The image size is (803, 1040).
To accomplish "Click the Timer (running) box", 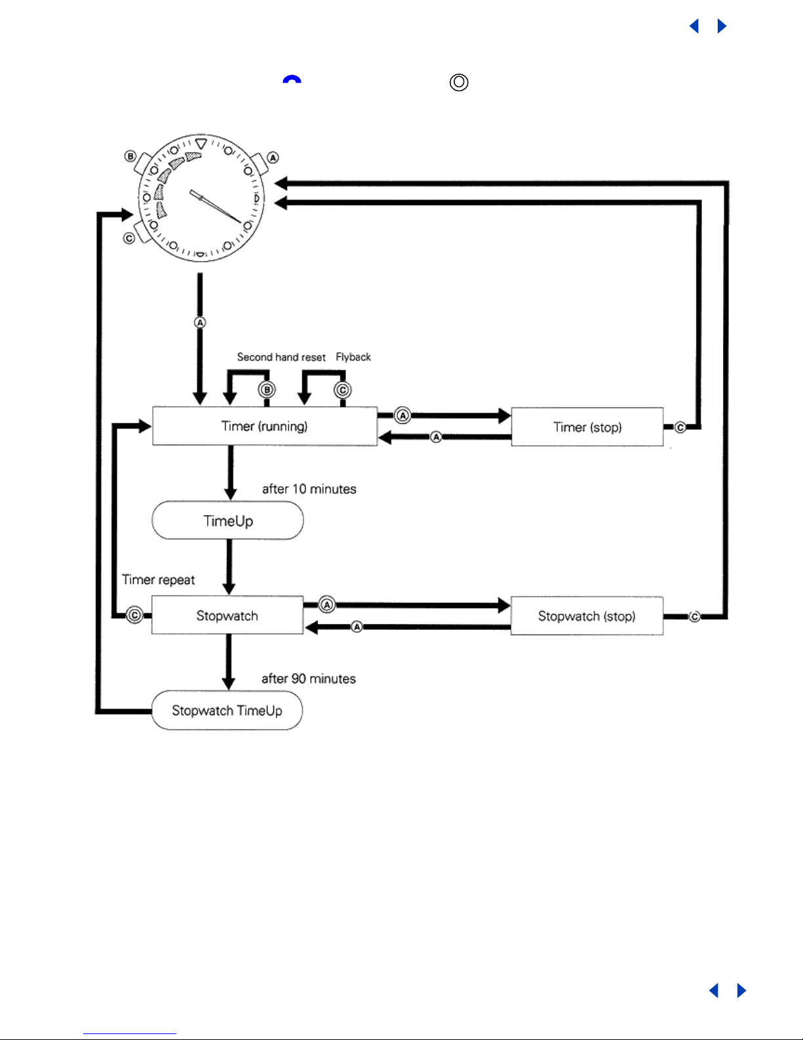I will pos(265,426).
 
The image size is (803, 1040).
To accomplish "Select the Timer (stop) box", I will pos(587,427).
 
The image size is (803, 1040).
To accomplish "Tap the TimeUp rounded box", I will pos(227,521).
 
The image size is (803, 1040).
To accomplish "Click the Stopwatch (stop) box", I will pos(587,616).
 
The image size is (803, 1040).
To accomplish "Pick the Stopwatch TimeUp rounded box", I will pos(227,711).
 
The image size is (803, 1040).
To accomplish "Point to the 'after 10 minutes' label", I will pos(309,489).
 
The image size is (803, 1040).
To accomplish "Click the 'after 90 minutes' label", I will pos(309,678).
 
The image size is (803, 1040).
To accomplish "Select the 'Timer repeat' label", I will pos(159,580).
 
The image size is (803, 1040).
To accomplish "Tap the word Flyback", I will pos(353,357).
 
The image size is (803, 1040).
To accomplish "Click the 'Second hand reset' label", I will pos(281,357).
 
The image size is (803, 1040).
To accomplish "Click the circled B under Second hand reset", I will pos(266,390).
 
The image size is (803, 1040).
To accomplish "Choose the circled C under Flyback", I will pos(342,390).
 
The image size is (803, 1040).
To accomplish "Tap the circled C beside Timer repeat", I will pos(134,615).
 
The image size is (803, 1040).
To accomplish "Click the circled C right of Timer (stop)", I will pos(680,428).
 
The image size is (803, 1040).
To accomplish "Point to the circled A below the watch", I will pos(200,322).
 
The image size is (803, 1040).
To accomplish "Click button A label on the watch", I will pos(273,157).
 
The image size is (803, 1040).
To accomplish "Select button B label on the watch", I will pos(130,156).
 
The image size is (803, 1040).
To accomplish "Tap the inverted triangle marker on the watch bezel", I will pos(201,142).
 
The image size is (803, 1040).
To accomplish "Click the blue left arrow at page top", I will pos(694,26).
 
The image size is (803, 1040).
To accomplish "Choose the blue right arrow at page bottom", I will pos(741,990).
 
